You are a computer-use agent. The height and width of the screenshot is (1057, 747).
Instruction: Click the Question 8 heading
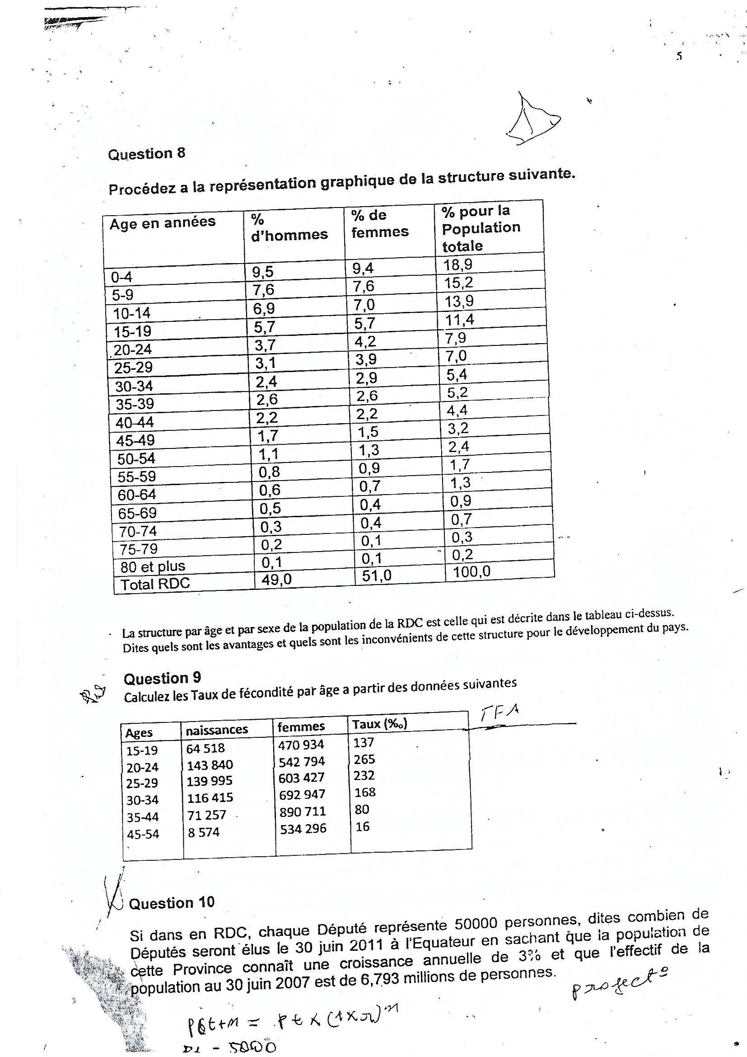pyautogui.click(x=146, y=153)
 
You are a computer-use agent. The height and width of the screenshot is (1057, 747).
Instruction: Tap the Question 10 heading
pyautogui.click(x=172, y=903)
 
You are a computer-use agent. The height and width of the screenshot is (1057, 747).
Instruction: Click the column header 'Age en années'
pyautogui.click(x=163, y=223)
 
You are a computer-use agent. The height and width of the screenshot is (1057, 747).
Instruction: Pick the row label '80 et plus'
pyautogui.click(x=153, y=566)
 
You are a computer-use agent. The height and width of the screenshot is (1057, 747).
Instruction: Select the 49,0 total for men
pyautogui.click(x=276, y=579)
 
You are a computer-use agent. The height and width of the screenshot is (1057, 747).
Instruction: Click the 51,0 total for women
pyautogui.click(x=376, y=576)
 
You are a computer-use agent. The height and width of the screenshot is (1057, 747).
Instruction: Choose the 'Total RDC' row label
pyautogui.click(x=155, y=584)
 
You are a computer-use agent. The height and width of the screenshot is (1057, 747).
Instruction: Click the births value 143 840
pyautogui.click(x=210, y=764)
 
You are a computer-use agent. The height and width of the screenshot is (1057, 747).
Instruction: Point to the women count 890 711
pyautogui.click(x=303, y=811)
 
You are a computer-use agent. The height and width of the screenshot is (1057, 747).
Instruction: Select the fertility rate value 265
pyautogui.click(x=364, y=759)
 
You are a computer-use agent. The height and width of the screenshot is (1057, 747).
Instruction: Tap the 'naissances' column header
pyautogui.click(x=217, y=730)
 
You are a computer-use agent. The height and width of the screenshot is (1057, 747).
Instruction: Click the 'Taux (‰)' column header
pyautogui.click(x=379, y=724)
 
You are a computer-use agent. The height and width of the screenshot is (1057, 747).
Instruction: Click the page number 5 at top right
pyautogui.click(x=679, y=57)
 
